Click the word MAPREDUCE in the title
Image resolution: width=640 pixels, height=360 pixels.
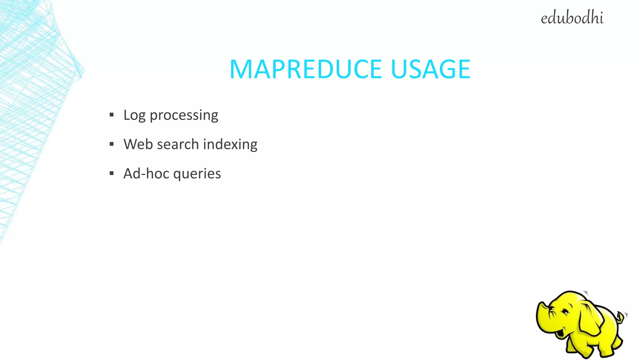pyautogui.click(x=306, y=69)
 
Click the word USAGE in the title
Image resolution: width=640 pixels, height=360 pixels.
pyautogui.click(x=430, y=69)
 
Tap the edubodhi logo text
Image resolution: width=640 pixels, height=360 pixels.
pyautogui.click(x=572, y=18)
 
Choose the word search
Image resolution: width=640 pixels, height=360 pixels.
pyautogui.click(x=178, y=144)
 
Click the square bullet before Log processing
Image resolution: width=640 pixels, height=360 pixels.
pyautogui.click(x=112, y=115)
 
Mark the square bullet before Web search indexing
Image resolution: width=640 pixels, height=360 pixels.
pyautogui.click(x=112, y=144)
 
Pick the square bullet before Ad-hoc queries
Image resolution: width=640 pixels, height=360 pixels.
pyautogui.click(x=112, y=173)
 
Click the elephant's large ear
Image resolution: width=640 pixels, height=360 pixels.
pyautogui.click(x=589, y=319)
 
